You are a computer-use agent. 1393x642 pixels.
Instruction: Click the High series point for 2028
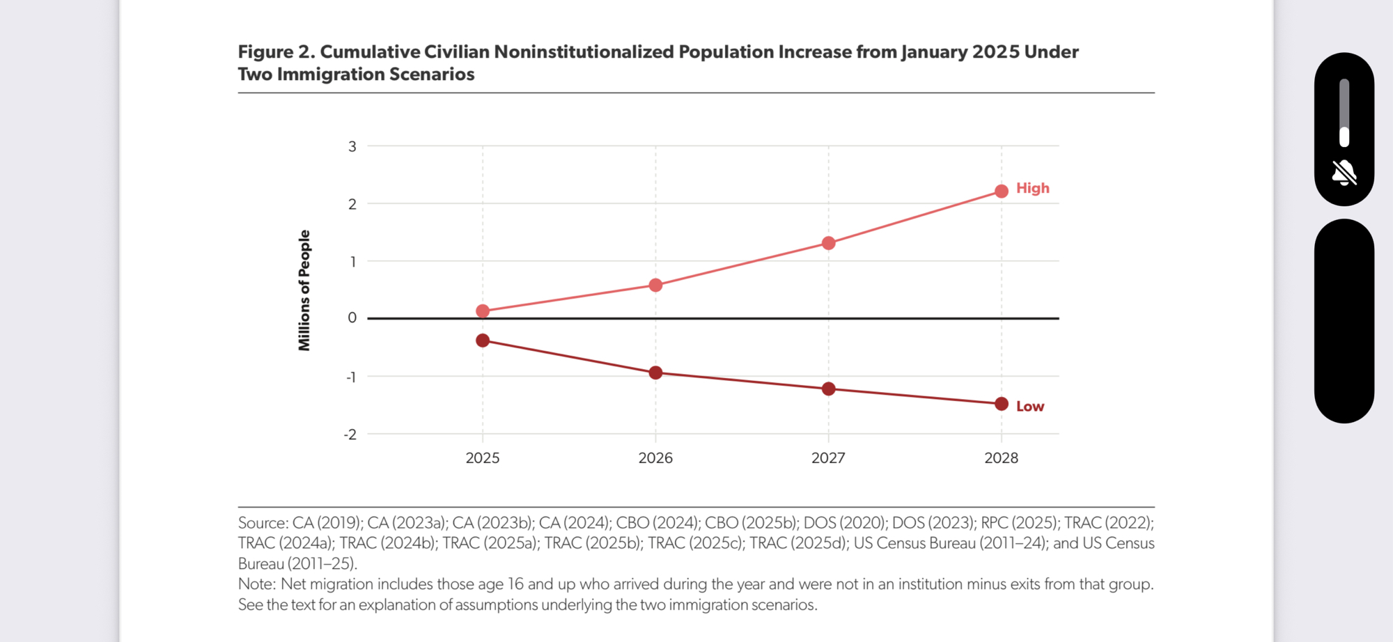(x=1002, y=191)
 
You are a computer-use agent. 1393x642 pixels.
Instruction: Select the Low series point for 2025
(x=483, y=340)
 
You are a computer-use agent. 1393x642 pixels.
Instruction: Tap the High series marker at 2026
(x=655, y=285)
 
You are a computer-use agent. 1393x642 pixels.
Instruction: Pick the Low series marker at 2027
(x=828, y=389)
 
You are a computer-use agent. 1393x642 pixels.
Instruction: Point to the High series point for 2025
(x=483, y=311)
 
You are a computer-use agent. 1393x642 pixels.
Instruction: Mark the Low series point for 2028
(x=1002, y=404)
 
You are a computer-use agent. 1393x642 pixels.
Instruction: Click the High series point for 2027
(x=828, y=243)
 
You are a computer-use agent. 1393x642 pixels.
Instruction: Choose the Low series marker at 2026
(x=655, y=373)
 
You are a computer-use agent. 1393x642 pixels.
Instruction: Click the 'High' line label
(x=1032, y=188)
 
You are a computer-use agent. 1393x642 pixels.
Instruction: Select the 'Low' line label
(x=1030, y=407)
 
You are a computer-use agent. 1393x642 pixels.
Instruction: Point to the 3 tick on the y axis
(x=352, y=146)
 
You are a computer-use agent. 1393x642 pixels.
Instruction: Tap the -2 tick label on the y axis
(x=350, y=434)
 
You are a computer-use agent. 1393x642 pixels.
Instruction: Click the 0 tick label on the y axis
(x=352, y=318)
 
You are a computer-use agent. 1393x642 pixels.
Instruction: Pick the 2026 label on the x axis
(x=655, y=458)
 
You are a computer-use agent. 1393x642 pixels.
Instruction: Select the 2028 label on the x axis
(x=1001, y=458)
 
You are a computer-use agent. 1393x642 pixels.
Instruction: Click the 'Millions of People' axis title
(x=304, y=290)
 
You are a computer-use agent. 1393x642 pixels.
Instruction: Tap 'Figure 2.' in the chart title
(x=276, y=52)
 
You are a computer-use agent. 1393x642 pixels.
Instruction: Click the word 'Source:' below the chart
(x=263, y=523)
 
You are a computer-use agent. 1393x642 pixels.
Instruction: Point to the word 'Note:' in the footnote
(x=257, y=584)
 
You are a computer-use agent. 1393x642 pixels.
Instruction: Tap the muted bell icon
(x=1344, y=173)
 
